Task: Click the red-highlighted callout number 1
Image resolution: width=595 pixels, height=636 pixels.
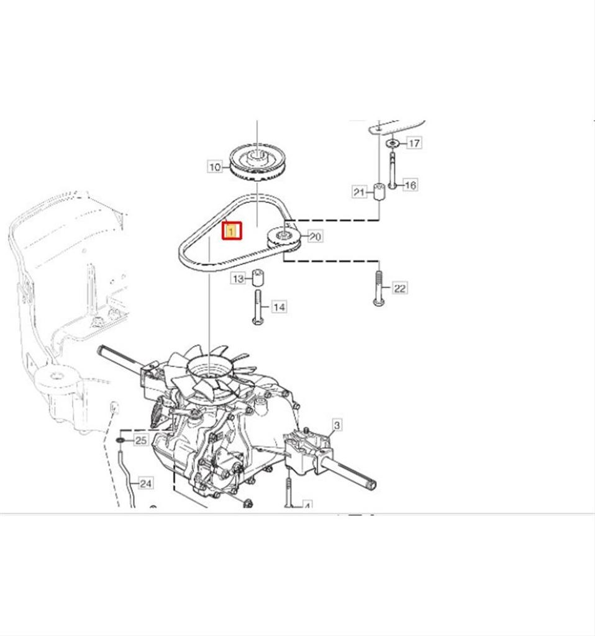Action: click(232, 231)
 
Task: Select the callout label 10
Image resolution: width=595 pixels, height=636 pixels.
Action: click(214, 166)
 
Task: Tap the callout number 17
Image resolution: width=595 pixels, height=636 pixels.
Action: click(414, 143)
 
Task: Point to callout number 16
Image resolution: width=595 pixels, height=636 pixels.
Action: click(411, 185)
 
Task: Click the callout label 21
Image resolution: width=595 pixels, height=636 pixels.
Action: click(359, 192)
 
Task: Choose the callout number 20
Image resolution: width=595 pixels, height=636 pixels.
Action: click(315, 237)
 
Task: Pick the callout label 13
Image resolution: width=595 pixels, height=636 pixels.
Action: click(238, 279)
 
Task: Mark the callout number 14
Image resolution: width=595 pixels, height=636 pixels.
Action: click(279, 307)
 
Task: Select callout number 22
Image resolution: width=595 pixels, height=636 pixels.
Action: click(399, 288)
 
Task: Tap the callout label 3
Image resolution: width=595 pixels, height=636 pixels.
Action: click(337, 425)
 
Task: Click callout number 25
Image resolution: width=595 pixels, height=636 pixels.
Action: click(141, 440)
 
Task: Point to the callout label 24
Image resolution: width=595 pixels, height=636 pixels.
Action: click(145, 483)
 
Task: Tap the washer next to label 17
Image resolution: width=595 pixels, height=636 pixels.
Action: click(392, 143)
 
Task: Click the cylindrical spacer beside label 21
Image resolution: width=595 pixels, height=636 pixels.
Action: click(379, 191)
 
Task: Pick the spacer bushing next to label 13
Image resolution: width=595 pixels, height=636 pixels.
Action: click(258, 278)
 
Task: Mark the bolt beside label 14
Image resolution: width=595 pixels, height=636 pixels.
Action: click(258, 307)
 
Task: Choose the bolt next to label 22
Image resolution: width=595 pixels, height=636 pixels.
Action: click(378, 288)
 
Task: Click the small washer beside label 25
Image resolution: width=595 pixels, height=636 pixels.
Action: click(120, 440)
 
